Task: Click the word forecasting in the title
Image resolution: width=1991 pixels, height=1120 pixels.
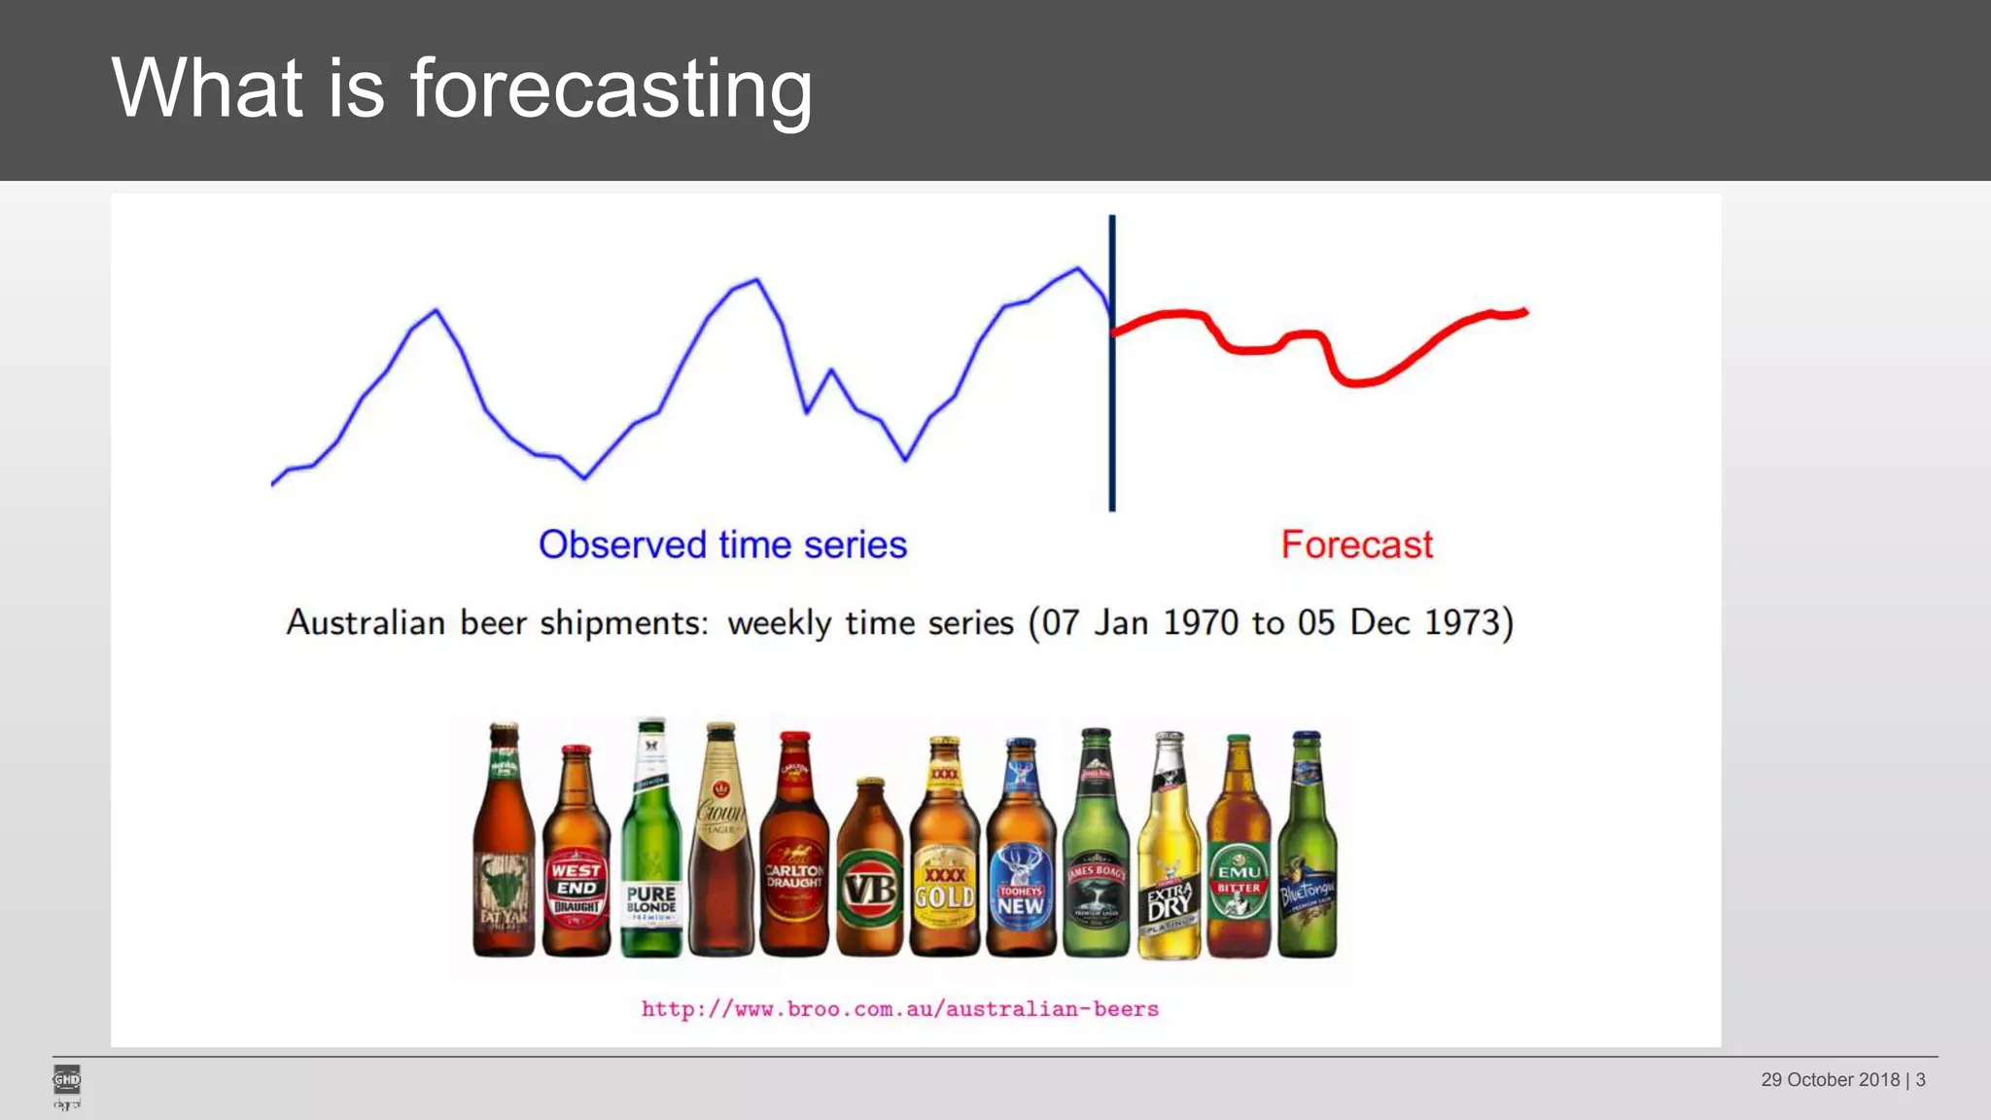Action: pos(611,89)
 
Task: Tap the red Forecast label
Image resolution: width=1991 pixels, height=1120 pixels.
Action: pos(1356,544)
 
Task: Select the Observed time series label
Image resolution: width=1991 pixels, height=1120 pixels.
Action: pos(722,544)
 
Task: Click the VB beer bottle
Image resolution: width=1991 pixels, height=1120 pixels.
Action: pos(869,875)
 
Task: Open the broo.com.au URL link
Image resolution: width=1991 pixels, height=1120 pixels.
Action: pos(899,1009)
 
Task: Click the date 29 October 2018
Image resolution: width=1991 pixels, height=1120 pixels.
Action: pos(1830,1080)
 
